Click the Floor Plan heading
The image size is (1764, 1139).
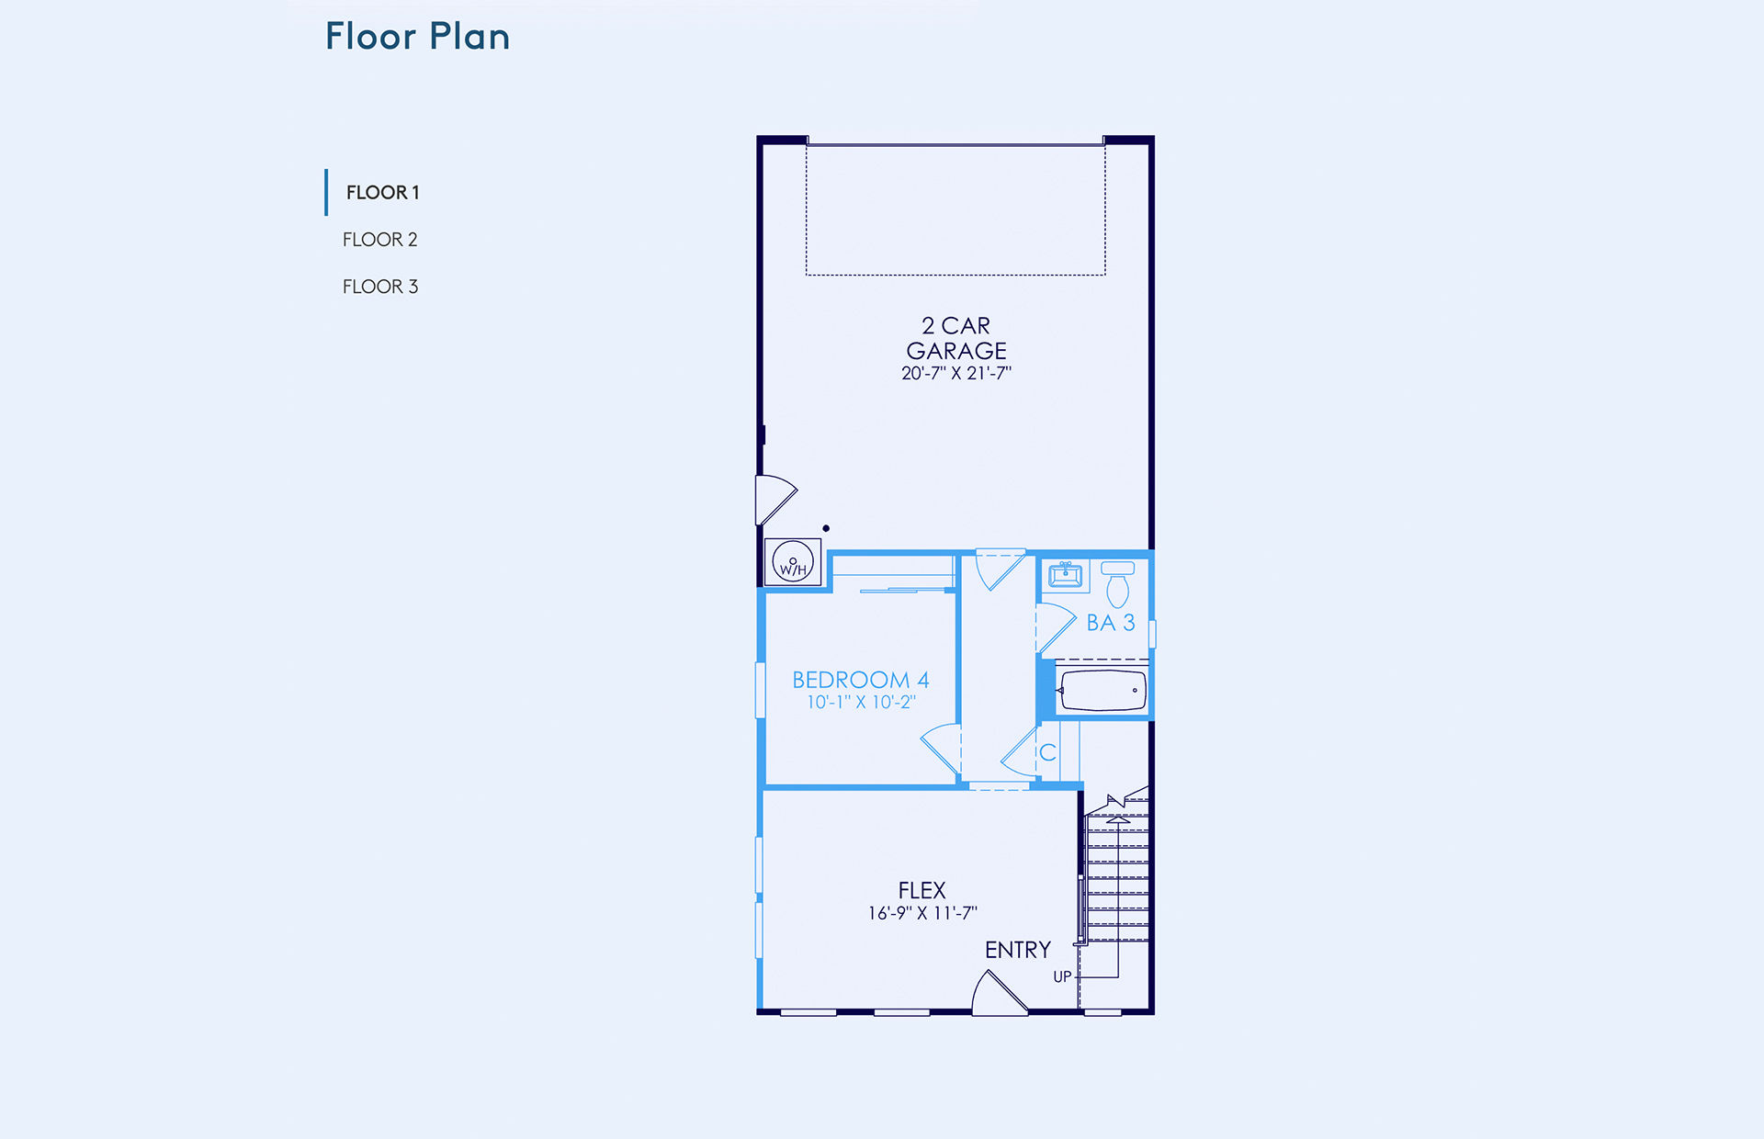point(418,37)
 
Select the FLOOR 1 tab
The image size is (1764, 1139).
point(382,193)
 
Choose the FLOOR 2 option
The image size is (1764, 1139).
point(380,240)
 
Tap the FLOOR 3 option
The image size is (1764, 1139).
point(380,287)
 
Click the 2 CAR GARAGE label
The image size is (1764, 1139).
point(956,338)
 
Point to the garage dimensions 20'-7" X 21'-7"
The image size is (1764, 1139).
point(956,373)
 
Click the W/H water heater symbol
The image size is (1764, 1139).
point(793,562)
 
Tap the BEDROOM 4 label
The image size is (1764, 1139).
point(861,680)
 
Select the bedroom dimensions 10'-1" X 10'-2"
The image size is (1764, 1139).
point(861,703)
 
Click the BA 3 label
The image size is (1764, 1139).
point(1111,623)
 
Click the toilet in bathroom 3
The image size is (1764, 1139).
point(1118,584)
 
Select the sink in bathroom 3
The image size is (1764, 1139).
point(1066,575)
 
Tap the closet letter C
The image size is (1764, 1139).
point(1047,753)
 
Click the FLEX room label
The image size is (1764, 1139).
point(922,891)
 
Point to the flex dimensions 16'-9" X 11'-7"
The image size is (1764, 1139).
point(922,913)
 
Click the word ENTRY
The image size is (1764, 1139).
point(1018,950)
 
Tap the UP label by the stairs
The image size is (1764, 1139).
point(1062,977)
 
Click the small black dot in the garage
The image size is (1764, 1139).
point(826,528)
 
